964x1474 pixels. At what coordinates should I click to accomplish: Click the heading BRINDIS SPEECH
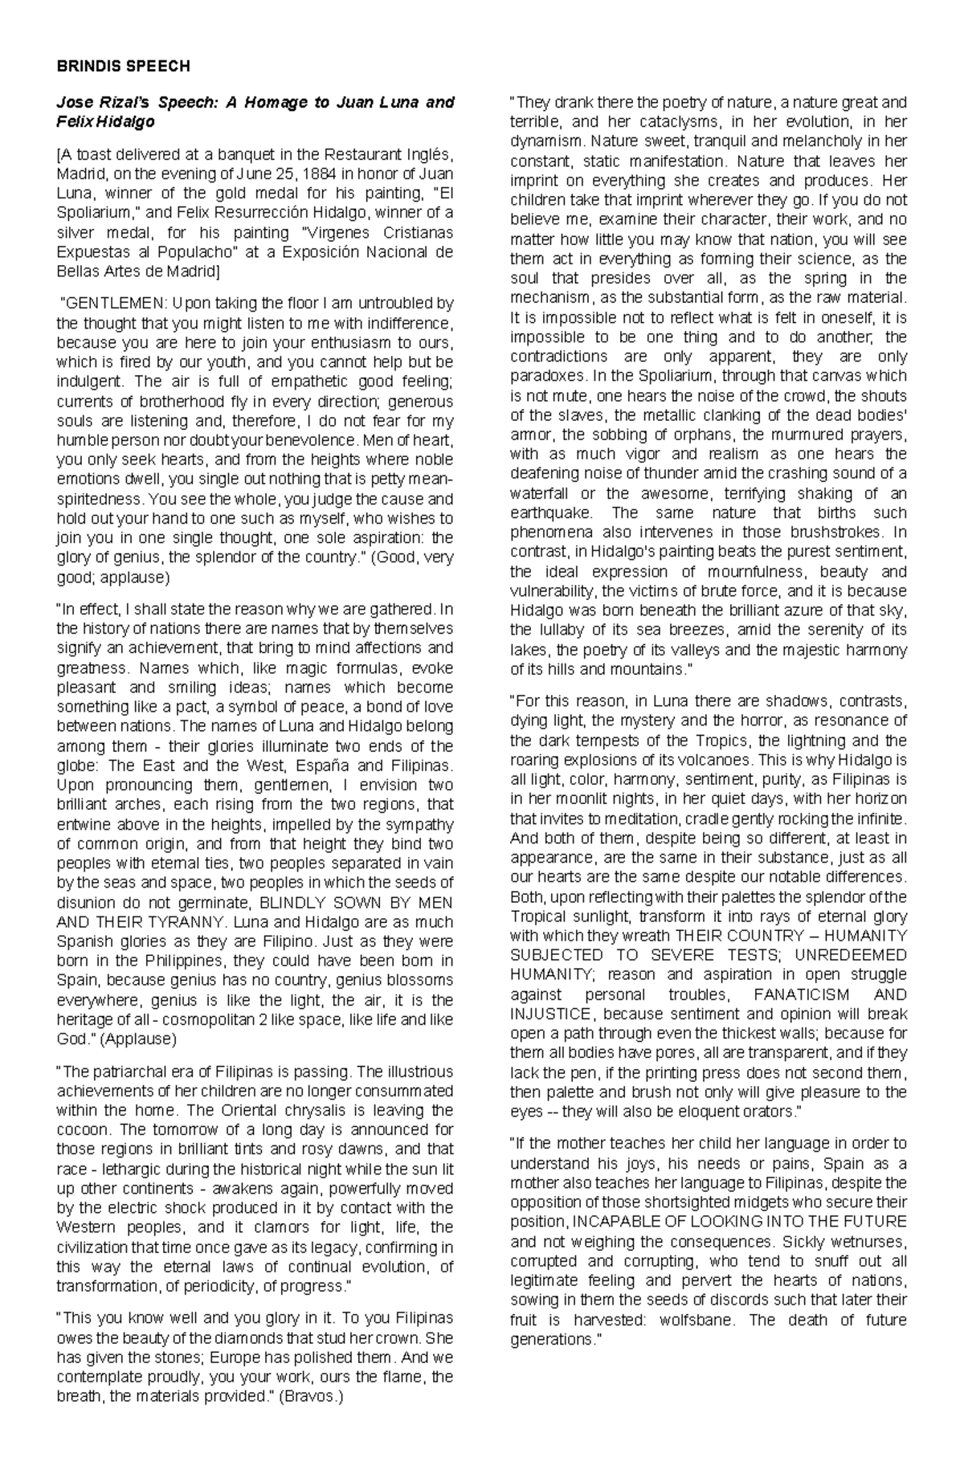point(123,67)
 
